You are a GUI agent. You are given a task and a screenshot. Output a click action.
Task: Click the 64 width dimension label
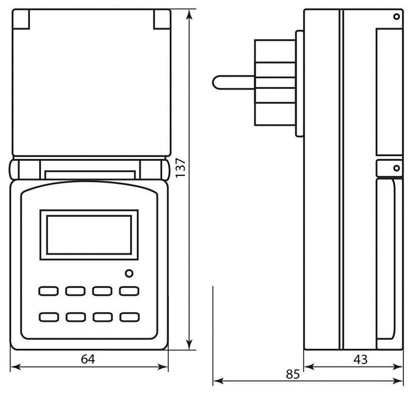(88, 359)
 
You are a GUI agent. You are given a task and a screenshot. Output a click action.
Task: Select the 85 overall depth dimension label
(293, 374)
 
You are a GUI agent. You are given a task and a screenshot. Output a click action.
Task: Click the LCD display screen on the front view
(89, 235)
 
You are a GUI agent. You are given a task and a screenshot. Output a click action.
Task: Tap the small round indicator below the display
(129, 274)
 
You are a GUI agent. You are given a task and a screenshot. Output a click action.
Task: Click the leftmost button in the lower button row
(48, 317)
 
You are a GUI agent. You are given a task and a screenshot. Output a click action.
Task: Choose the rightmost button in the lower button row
(129, 317)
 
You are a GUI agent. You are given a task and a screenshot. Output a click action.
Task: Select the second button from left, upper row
(75, 291)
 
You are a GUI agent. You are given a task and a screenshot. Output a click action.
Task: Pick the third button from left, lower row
(102, 317)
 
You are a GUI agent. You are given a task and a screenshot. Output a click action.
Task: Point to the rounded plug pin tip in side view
(215, 82)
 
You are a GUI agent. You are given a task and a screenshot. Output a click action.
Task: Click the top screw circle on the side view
(396, 17)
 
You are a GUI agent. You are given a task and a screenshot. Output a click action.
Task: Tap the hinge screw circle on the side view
(396, 168)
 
